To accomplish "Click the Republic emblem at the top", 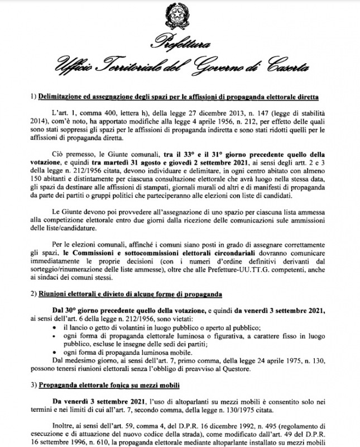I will tap(180, 15).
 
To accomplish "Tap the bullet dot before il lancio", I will tap(54, 326).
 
